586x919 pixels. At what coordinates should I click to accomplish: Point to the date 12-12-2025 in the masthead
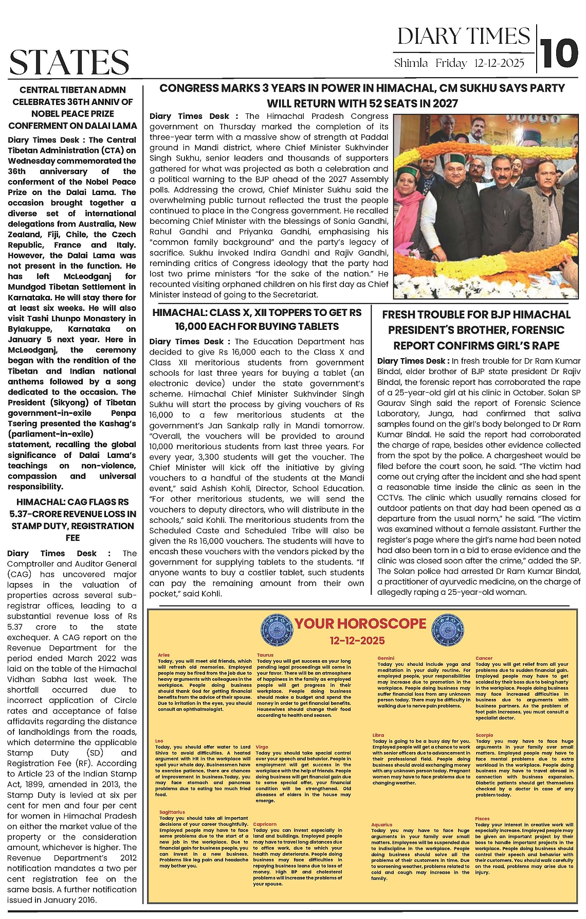point(499,63)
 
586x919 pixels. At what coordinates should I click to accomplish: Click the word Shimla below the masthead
point(411,63)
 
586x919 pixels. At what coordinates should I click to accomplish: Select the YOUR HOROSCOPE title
point(360,624)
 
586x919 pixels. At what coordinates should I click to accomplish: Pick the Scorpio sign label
point(484,735)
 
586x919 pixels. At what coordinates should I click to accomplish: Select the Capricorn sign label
point(265,824)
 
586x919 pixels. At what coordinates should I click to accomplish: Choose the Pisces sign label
point(482,818)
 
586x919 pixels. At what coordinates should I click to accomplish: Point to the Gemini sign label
point(386,658)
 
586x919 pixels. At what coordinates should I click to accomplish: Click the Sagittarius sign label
point(172,812)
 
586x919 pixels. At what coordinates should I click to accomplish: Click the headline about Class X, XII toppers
point(257,319)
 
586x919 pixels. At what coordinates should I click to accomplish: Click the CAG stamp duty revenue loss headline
point(72,520)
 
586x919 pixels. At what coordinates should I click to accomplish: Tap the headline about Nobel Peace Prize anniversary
point(72,107)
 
